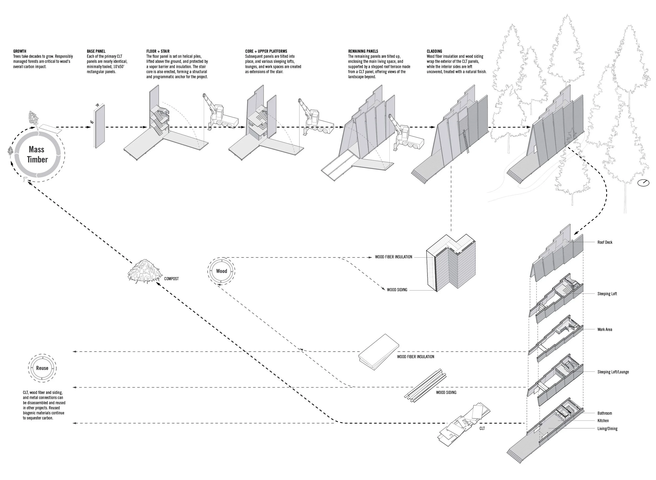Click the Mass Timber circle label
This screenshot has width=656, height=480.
coord(37,154)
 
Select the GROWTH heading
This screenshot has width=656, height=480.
coord(19,51)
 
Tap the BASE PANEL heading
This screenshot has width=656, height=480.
coord(96,51)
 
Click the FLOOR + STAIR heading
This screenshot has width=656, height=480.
coord(158,51)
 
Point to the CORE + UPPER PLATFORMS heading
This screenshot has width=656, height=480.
coord(266,51)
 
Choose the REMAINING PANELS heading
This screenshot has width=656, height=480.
coord(363,51)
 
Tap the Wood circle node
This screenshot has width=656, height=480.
coord(221,271)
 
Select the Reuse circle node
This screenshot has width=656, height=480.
coord(42,368)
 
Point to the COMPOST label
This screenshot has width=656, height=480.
coord(171,279)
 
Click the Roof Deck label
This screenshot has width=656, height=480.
coord(605,242)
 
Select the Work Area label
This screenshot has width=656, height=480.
coord(605,330)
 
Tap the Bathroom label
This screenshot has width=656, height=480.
coord(605,413)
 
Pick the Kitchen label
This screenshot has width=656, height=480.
coord(603,421)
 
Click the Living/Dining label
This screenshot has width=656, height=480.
coord(607,429)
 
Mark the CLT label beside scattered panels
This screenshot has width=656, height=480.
coord(482,429)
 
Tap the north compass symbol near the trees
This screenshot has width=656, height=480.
coord(643,183)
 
